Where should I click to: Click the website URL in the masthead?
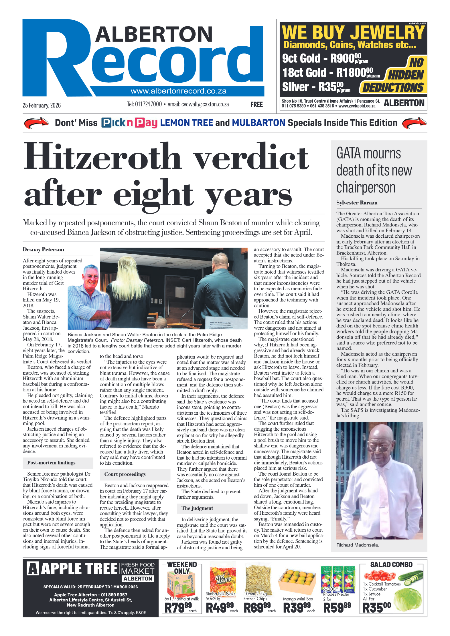(178, 91)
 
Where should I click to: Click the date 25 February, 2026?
(42, 105)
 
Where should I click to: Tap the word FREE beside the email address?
(256, 105)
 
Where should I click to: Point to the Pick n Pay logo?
(129, 123)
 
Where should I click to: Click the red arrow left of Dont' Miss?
(36, 123)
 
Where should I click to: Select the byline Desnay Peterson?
(44, 250)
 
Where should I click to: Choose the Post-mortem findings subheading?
(51, 463)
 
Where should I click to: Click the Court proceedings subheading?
(125, 474)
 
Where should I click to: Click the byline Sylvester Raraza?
(357, 203)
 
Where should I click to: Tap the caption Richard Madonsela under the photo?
(358, 545)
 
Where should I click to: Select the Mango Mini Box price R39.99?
(297, 607)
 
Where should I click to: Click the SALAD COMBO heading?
(391, 565)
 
